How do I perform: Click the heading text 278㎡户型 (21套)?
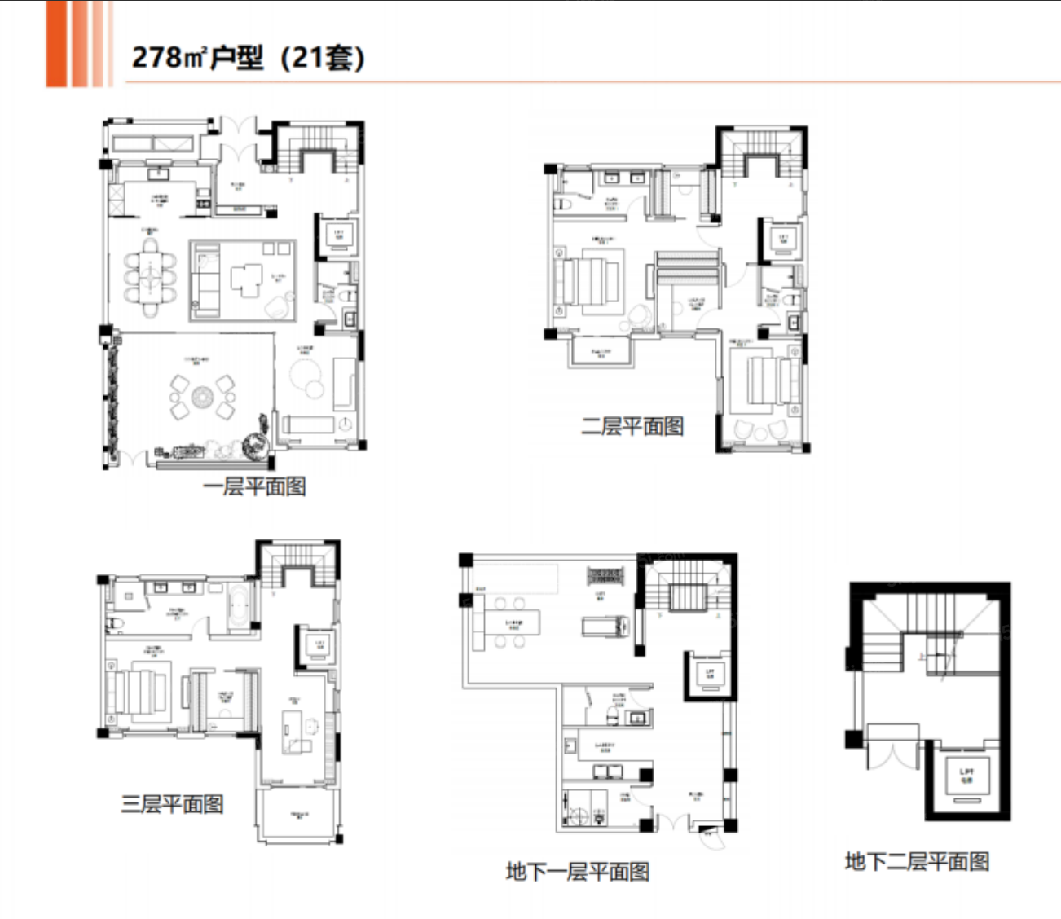click(x=248, y=58)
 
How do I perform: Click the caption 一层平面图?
click(x=253, y=486)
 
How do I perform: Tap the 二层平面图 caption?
click(x=632, y=426)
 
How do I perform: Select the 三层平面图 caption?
click(x=172, y=804)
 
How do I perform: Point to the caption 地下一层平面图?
click(x=577, y=872)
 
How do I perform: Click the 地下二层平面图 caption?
click(x=917, y=861)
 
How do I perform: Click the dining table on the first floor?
click(x=150, y=277)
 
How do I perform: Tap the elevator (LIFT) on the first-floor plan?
click(x=338, y=235)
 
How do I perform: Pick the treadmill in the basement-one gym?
click(x=605, y=626)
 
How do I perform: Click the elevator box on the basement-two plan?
click(x=966, y=776)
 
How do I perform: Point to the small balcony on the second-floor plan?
click(x=601, y=351)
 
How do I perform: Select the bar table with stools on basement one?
click(x=510, y=624)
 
